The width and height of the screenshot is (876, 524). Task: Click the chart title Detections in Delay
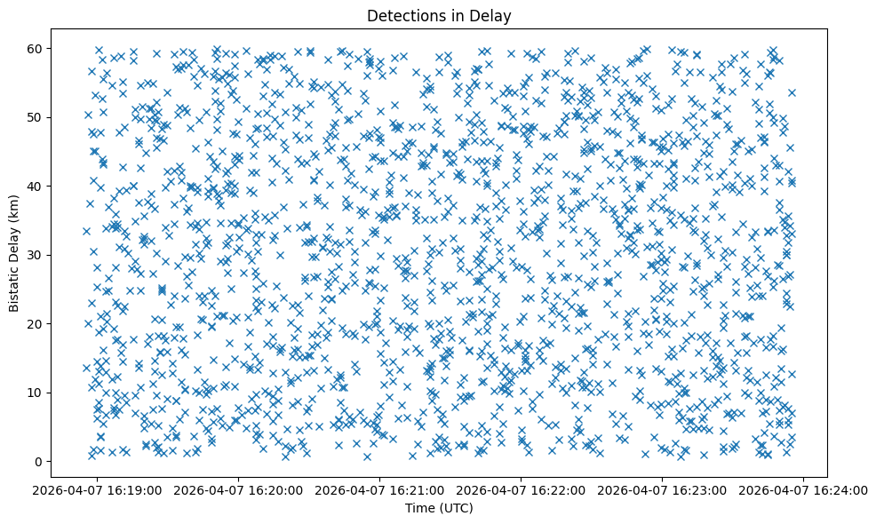point(439,16)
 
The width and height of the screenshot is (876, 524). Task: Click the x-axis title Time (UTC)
point(439,508)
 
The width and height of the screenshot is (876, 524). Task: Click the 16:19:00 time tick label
point(98,489)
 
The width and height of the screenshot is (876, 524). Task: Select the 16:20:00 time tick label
point(239,489)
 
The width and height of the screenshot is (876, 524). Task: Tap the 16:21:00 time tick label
point(380,489)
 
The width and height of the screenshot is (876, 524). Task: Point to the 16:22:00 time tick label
point(522,489)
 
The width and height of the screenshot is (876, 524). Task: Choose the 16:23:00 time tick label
point(663,489)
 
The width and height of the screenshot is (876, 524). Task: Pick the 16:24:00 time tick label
point(804,489)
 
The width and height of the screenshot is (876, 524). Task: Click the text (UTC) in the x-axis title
point(457,508)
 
